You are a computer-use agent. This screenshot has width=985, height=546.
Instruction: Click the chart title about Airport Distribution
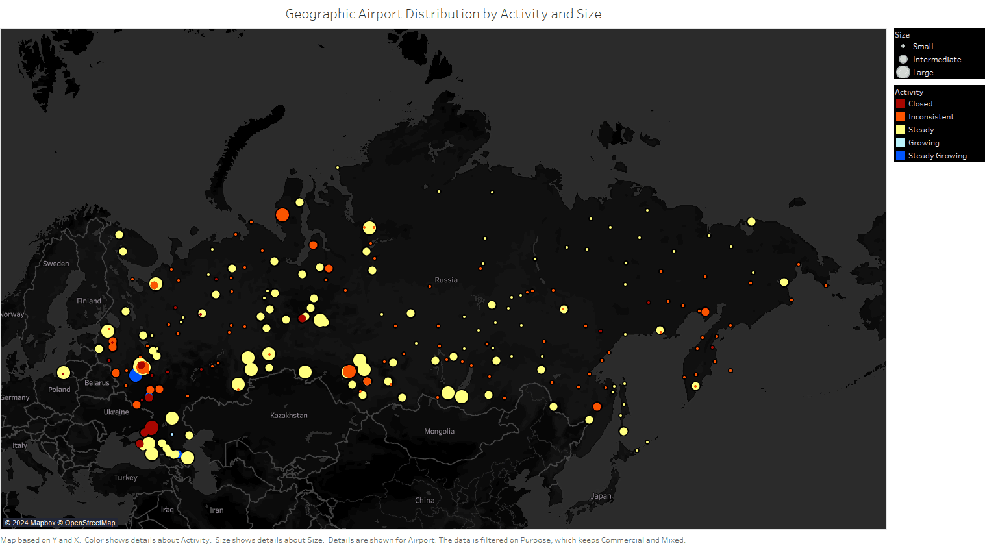443,14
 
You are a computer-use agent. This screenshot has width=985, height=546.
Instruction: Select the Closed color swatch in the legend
901,103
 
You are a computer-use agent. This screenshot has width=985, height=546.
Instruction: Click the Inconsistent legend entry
930,117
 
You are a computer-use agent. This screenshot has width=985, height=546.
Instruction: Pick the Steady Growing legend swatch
901,155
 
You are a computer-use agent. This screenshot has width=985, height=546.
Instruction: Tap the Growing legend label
923,143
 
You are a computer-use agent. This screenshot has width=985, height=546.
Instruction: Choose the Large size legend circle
903,72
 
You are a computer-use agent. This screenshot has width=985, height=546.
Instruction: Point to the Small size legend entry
922,47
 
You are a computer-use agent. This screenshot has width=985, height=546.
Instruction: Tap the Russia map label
446,280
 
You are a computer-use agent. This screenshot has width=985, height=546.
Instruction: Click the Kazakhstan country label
289,416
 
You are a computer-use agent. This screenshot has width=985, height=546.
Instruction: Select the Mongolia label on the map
439,432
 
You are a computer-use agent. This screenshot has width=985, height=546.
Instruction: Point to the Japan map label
601,496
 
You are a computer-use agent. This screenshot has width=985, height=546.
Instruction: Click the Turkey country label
125,478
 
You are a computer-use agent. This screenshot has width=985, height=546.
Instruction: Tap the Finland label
89,301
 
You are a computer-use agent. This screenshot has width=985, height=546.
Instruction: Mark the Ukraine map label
116,412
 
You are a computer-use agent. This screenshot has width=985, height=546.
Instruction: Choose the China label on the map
425,501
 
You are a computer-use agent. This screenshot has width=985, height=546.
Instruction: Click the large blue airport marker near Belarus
135,375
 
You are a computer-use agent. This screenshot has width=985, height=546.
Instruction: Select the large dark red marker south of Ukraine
151,427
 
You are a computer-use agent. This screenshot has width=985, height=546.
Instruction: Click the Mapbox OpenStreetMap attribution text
60,523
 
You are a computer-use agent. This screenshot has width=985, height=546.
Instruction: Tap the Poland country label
59,390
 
